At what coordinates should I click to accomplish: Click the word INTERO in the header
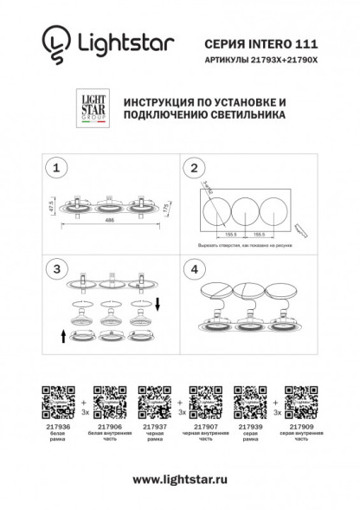point(262,41)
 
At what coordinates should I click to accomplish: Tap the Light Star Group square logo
point(92,109)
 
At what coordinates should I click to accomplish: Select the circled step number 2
point(195,167)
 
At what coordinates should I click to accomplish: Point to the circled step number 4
point(195,269)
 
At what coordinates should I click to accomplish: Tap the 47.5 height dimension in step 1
point(51,206)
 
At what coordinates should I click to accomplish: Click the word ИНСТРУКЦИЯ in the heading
point(162,101)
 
